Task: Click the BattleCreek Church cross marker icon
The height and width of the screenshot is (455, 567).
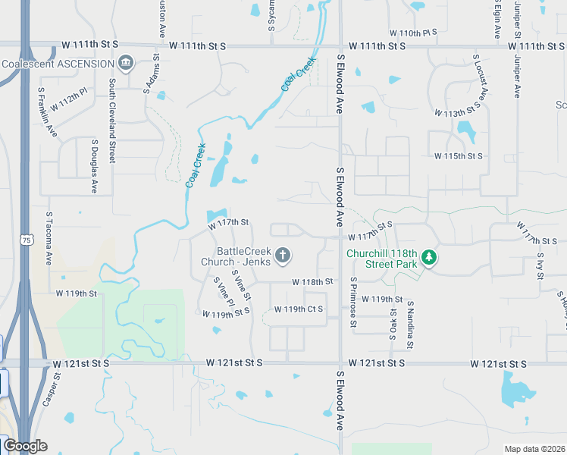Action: coord(283,256)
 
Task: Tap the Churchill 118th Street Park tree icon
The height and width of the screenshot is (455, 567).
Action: coord(430,258)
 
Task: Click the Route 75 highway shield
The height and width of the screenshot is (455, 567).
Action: coord(27,240)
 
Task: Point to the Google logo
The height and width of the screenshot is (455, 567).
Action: coord(24,446)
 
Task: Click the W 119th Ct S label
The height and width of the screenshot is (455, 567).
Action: coord(299,309)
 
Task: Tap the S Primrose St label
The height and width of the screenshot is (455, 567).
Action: coord(353,302)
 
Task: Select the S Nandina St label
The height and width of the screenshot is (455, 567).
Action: coord(409,324)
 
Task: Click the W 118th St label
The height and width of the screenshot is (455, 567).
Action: coord(313,281)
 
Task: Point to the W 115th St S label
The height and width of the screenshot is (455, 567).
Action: coord(458,156)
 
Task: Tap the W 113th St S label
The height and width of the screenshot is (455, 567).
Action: coord(458,113)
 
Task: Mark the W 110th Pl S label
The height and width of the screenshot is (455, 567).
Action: coord(414,33)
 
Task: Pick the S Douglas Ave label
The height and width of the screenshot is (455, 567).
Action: coord(95,165)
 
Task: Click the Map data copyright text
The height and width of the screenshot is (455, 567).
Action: coord(534,449)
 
